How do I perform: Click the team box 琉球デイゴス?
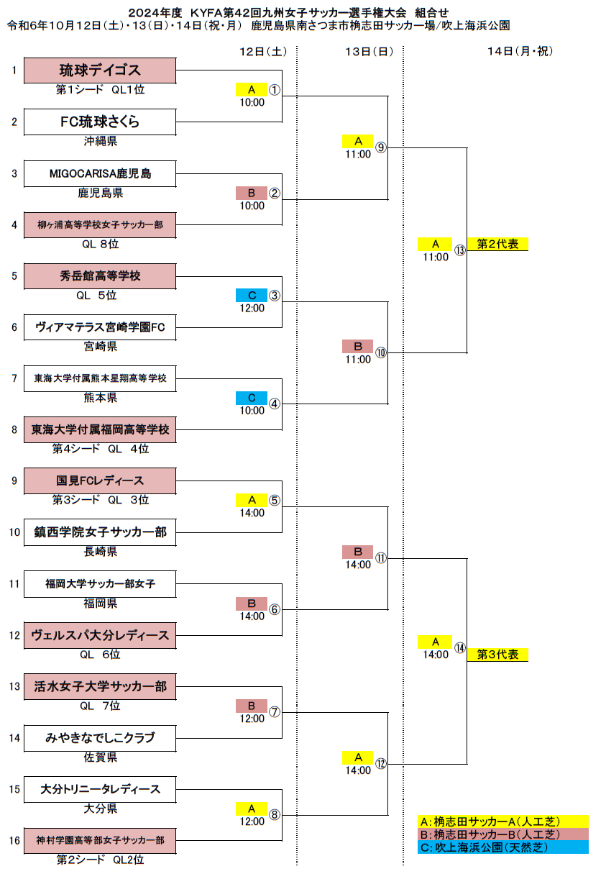tap(100, 70)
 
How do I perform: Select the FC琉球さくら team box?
tap(100, 122)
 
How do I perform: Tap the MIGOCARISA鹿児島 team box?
tap(100, 173)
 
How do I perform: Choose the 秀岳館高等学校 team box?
tap(100, 276)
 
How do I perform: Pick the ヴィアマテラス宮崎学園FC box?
tap(100, 327)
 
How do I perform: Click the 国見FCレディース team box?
tap(100, 481)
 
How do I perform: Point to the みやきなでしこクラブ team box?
tap(100, 738)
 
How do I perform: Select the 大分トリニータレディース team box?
tap(100, 790)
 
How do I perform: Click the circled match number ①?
tap(274, 90)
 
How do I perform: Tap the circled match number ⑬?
tap(459, 250)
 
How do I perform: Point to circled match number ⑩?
tap(381, 352)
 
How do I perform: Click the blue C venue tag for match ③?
tap(252, 295)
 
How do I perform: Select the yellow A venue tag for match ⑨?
tap(358, 141)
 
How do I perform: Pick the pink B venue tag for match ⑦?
tap(252, 706)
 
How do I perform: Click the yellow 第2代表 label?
tap(497, 244)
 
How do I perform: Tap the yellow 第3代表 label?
tap(497, 655)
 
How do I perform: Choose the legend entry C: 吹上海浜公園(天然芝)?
tap(503, 847)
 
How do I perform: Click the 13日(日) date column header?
tap(369, 51)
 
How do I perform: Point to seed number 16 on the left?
tap(14, 841)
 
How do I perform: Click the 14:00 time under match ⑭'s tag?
tap(436, 655)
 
